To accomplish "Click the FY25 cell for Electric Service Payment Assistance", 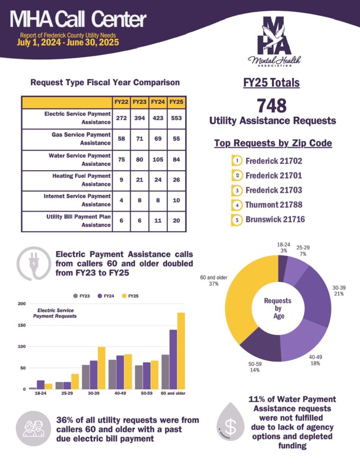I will [176, 118].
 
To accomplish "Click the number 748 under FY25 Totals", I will [272, 106].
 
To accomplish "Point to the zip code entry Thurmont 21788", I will [274, 205].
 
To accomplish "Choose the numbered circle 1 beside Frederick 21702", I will [237, 161].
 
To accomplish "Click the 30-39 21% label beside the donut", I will [338, 291].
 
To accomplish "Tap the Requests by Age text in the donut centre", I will [278, 308].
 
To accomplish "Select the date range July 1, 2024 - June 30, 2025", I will [68, 43].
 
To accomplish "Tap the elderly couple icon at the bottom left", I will [32, 429].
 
